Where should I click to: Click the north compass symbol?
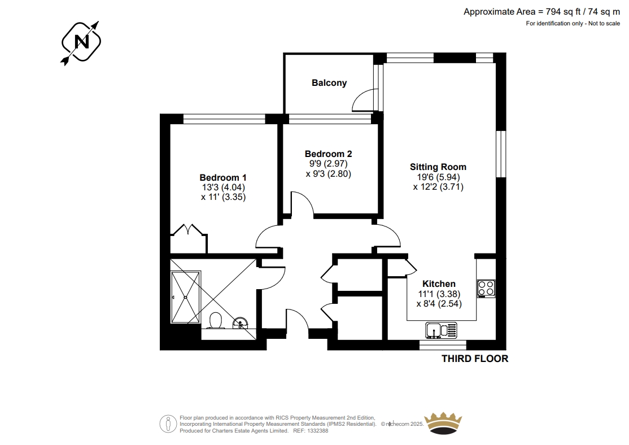[81, 42]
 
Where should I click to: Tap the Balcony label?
[329, 82]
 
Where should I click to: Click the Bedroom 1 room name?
[223, 177]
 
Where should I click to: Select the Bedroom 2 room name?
[328, 154]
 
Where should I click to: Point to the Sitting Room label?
[438, 167]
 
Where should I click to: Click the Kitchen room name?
[439, 283]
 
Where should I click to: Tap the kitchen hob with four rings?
[486, 289]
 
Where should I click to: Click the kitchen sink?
[442, 330]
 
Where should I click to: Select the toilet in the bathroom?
[216, 321]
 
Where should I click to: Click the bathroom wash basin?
[241, 323]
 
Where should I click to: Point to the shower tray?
[185, 297]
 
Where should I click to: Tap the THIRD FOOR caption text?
[475, 359]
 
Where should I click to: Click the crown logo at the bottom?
[443, 423]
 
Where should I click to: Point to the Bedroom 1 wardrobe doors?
[189, 230]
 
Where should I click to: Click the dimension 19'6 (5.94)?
[438, 177]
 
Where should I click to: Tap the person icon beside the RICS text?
[168, 424]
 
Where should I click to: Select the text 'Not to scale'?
[604, 23]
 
